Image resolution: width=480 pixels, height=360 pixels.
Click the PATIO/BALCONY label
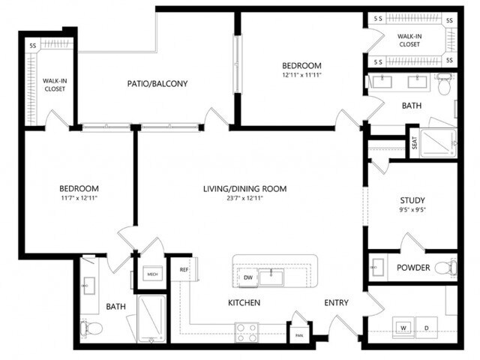[x=157, y=83]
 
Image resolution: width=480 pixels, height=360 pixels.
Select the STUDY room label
[x=412, y=200]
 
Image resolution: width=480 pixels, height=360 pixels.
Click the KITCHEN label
[x=244, y=303]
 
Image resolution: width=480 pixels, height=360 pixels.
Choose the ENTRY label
[x=337, y=303]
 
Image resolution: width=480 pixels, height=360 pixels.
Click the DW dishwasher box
[x=248, y=278]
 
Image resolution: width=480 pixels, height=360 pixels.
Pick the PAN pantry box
[x=298, y=335]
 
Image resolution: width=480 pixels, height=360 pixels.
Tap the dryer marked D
[x=427, y=328]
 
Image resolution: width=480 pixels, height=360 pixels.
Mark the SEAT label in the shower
[x=414, y=142]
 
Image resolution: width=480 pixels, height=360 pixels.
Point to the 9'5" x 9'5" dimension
[x=412, y=211]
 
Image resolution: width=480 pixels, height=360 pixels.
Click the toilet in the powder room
[x=445, y=267]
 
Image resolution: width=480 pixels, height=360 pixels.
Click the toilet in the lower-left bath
[x=88, y=328]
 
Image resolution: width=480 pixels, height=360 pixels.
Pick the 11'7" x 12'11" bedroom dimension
[x=79, y=199]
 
